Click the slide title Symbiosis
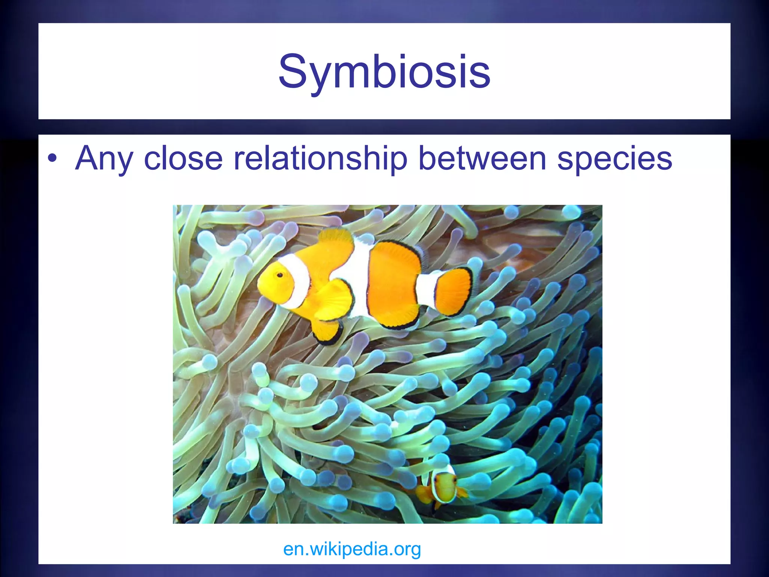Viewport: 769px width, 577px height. (x=384, y=71)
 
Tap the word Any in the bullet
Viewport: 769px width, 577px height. (x=104, y=159)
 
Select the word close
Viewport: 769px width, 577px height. (x=183, y=159)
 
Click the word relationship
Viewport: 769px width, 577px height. (x=320, y=159)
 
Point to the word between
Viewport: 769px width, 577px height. (x=482, y=159)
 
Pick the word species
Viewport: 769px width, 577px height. (x=615, y=159)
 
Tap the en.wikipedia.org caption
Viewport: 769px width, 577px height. (x=352, y=549)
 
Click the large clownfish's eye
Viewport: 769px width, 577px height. (x=280, y=275)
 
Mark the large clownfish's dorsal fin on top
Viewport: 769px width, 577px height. (x=336, y=240)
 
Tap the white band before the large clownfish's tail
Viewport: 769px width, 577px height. (x=426, y=289)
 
